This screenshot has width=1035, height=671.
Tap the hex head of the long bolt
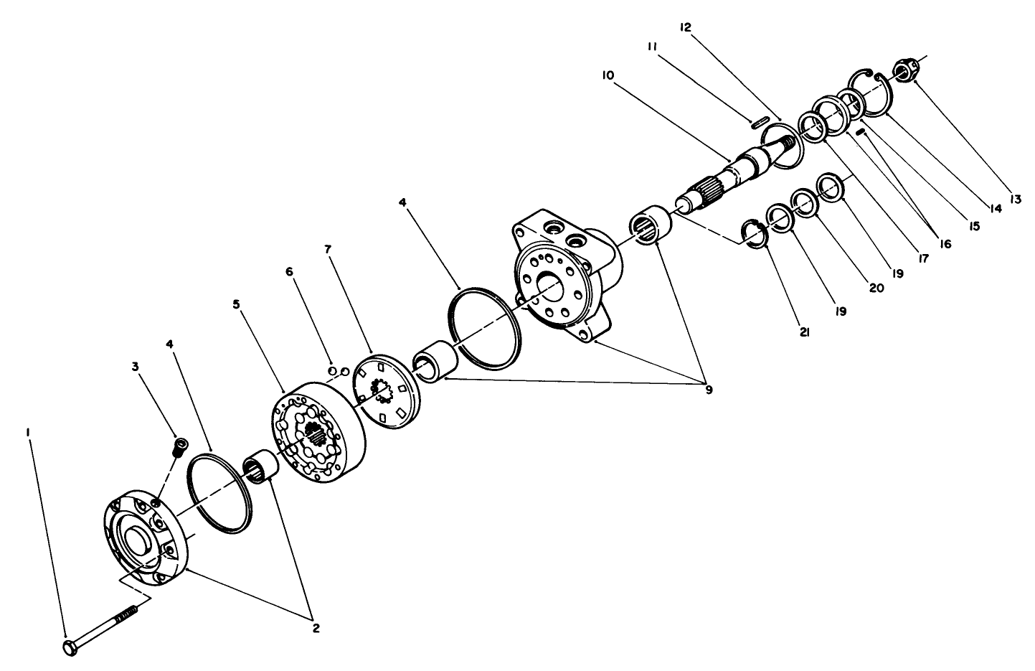click(x=70, y=647)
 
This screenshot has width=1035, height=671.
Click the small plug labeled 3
click(x=179, y=449)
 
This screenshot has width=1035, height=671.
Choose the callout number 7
click(x=328, y=250)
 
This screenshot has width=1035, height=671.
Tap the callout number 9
click(x=709, y=390)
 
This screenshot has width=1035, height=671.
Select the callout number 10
click(x=609, y=75)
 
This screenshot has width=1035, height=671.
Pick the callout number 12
click(x=686, y=27)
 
